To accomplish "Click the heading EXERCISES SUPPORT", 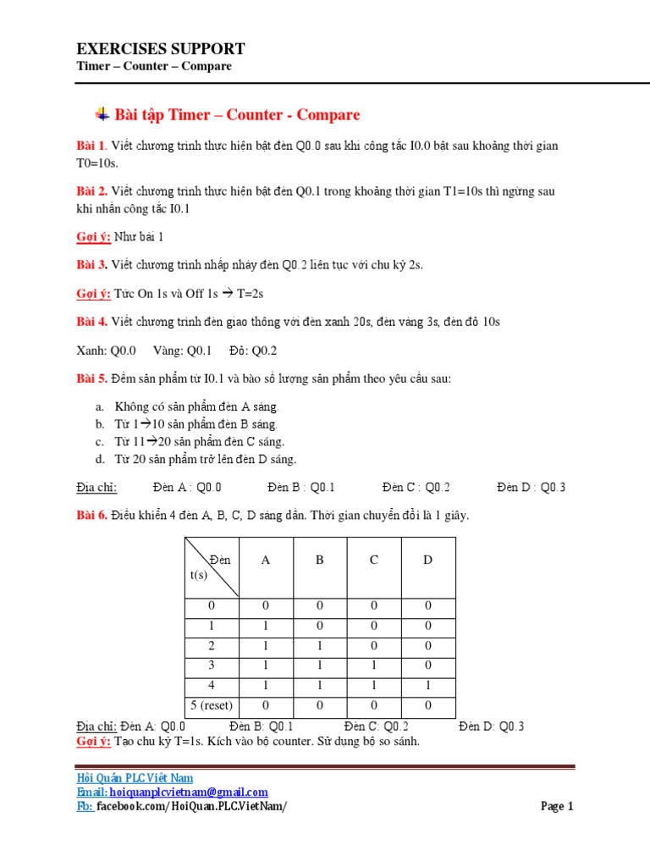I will click(x=161, y=49).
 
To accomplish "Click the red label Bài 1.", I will click(x=91, y=146).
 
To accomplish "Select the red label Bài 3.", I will click(x=91, y=265).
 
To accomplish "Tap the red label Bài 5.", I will click(x=91, y=378).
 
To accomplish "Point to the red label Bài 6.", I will click(x=91, y=515).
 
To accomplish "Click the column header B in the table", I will click(x=320, y=560).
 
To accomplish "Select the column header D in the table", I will click(x=427, y=560).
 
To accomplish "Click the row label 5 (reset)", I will click(x=212, y=705).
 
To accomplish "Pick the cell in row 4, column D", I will click(x=427, y=686).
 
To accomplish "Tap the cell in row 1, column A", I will click(x=267, y=626).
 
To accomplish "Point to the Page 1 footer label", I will click(x=557, y=806).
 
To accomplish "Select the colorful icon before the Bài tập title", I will click(x=102, y=114).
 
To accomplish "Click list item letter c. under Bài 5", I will click(x=99, y=442).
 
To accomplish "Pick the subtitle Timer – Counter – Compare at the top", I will click(x=154, y=66).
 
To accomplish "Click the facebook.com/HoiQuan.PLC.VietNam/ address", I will click(x=191, y=806).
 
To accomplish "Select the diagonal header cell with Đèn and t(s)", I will click(x=212, y=567).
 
